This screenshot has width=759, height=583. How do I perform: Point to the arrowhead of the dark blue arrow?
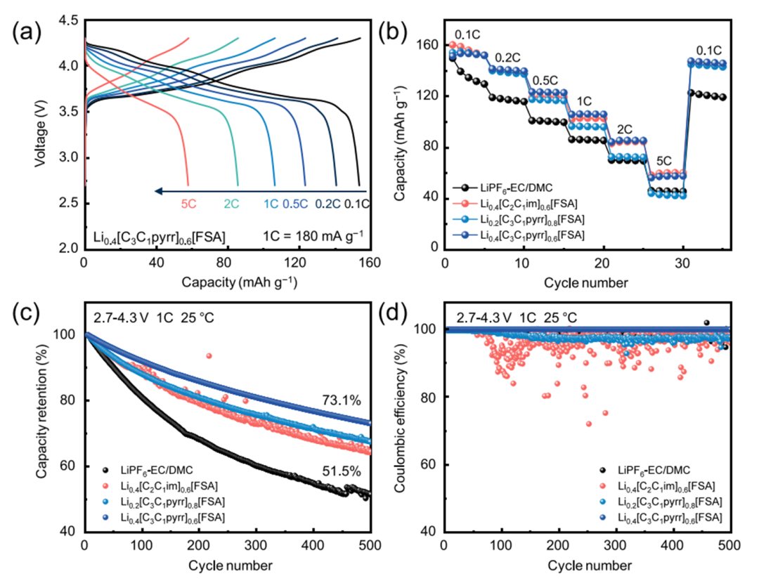click(x=159, y=190)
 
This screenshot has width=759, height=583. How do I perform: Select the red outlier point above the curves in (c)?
click(x=209, y=356)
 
